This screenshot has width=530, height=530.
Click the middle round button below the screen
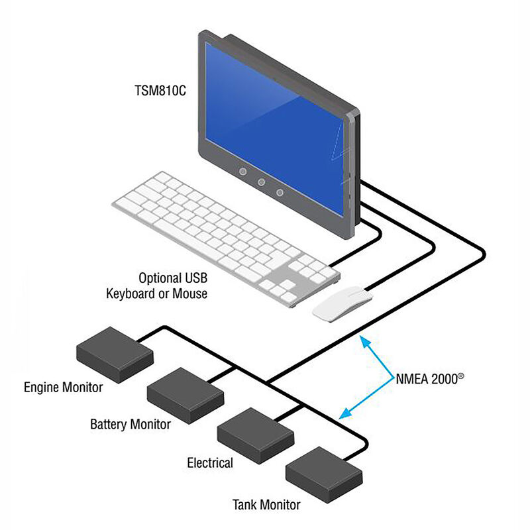click(262, 182)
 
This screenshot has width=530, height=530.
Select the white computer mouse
click(341, 304)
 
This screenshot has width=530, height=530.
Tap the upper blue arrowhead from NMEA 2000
click(361, 340)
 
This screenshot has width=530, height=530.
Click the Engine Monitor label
click(64, 387)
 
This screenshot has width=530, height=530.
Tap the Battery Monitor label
click(131, 424)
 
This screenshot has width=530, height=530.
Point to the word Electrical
click(210, 462)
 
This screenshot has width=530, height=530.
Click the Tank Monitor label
click(266, 505)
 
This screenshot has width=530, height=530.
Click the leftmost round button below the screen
click(243, 172)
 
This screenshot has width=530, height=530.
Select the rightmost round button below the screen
click(280, 192)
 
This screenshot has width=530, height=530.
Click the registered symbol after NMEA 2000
click(460, 376)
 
